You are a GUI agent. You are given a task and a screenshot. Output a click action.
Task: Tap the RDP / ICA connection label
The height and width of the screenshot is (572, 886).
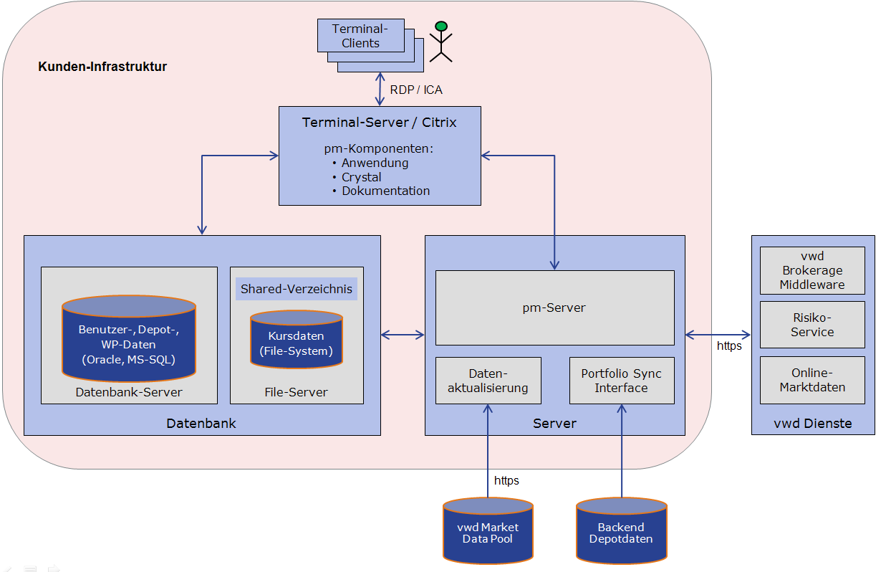[416, 90]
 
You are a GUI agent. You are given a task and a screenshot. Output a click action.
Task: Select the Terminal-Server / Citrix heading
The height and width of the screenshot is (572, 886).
[379, 123]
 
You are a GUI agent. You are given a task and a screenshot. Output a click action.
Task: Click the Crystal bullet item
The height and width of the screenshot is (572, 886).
[361, 177]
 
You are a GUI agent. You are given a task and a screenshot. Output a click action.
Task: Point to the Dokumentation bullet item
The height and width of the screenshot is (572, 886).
[385, 191]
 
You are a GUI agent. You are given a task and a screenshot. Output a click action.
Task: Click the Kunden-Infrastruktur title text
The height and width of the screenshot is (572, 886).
[102, 67]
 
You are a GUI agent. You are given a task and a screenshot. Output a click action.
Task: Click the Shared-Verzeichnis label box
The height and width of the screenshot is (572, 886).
[297, 289]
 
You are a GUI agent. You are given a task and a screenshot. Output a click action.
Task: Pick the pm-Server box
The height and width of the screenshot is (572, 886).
[554, 308]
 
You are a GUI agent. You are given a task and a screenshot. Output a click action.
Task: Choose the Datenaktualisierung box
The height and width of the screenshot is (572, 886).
[488, 381]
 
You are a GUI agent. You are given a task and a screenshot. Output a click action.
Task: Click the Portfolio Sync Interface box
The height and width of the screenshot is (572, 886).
[621, 381]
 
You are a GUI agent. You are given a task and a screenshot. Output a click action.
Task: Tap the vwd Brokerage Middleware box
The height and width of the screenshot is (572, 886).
[812, 270]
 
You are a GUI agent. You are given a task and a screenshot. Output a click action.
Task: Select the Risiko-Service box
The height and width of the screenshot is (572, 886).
[812, 325]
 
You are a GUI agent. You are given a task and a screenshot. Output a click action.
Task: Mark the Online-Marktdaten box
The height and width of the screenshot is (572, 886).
[812, 380]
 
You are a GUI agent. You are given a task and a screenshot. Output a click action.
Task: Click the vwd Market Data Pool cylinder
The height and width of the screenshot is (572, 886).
[488, 531]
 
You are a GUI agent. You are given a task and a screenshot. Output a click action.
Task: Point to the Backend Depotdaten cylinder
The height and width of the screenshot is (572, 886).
[621, 531]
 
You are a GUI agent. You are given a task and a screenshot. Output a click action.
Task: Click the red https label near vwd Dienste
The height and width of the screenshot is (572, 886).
[729, 346]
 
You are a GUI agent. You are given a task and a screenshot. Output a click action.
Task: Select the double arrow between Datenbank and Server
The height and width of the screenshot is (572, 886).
[403, 334]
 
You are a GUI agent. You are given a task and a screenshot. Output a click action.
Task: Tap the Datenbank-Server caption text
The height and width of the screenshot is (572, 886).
[129, 392]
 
